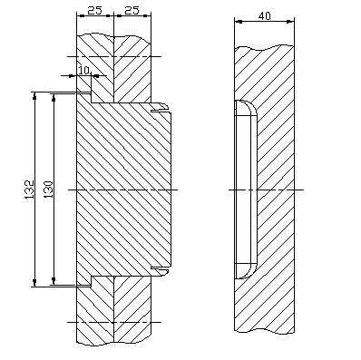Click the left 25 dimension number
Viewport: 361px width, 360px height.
click(94, 10)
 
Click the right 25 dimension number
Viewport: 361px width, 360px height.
click(132, 10)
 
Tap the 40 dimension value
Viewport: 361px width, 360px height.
click(265, 15)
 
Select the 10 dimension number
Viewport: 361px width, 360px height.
click(84, 71)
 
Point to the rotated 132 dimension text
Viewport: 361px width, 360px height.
click(29, 190)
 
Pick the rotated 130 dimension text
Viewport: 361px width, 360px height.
click(48, 190)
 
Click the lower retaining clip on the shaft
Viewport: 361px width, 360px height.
click(160, 271)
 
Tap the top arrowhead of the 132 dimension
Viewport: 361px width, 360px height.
click(34, 95)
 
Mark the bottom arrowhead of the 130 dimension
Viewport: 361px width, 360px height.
click(54, 281)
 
